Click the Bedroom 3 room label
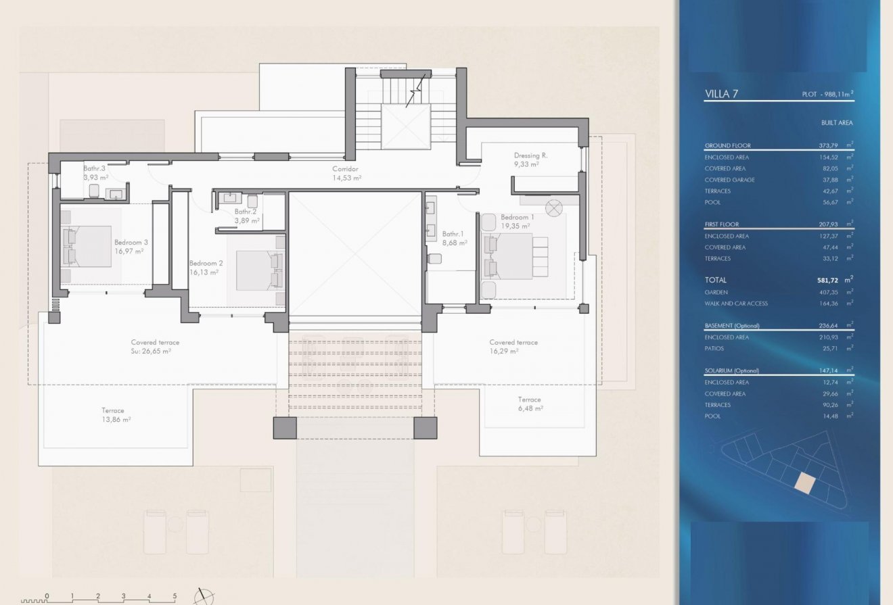pos(131,242)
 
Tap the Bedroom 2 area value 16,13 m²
pos(204,272)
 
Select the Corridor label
pos(344,169)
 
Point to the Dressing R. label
pos(530,155)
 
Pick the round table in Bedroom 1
pos(554,208)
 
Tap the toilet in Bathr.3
pos(94,191)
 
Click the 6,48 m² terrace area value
pos(529,408)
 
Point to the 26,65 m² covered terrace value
pos(155,351)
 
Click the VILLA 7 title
pos(720,94)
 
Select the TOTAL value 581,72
pos(831,280)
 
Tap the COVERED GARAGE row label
pos(729,180)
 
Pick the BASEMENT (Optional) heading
pos(732,326)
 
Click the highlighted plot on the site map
pos(804,483)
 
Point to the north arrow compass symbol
pos(204,596)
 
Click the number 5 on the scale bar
pos(175,596)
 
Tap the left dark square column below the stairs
pos(285,427)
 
